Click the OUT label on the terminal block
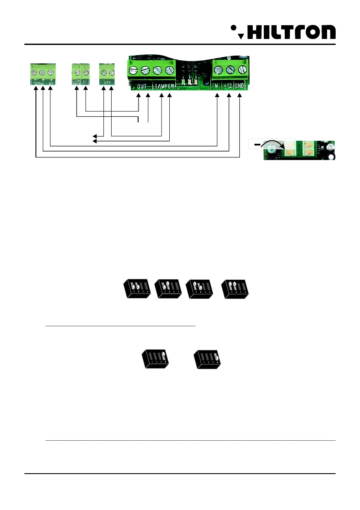click(x=142, y=86)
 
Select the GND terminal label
click(x=239, y=86)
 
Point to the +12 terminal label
click(x=227, y=86)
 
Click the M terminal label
click(x=217, y=86)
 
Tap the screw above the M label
click(x=218, y=68)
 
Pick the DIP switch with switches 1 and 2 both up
click(x=234, y=290)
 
